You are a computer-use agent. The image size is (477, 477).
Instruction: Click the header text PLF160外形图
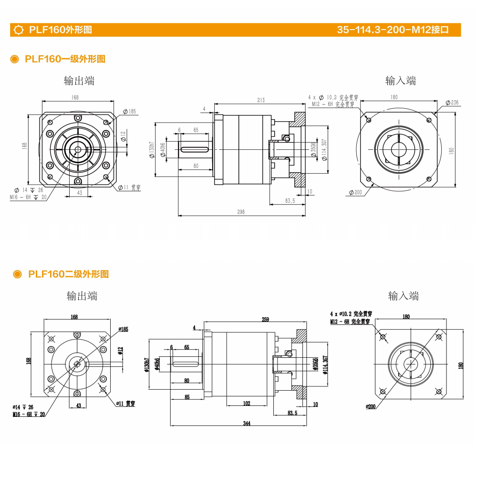coord(60,30)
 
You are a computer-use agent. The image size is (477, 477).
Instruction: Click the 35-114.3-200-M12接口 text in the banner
coord(393,30)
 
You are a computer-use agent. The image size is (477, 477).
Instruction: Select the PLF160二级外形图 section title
coord(68,274)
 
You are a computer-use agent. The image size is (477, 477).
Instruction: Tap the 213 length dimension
coord(260,100)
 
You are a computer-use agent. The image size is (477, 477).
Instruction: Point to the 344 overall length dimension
coord(246,423)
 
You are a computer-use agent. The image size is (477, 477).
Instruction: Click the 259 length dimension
coord(266,320)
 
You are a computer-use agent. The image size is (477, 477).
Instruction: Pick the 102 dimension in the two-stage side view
coord(246,404)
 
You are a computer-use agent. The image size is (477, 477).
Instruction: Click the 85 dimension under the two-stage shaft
coord(187,397)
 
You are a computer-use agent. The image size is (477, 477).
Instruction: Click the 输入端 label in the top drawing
coord(401,81)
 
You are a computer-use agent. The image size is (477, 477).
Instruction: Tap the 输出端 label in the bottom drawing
coord(82,296)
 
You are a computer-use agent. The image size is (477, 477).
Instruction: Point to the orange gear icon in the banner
coord(19,30)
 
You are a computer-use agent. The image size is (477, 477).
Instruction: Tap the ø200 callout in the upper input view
coord(355,192)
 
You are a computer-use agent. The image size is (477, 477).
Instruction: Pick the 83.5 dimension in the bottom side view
coord(293,413)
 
